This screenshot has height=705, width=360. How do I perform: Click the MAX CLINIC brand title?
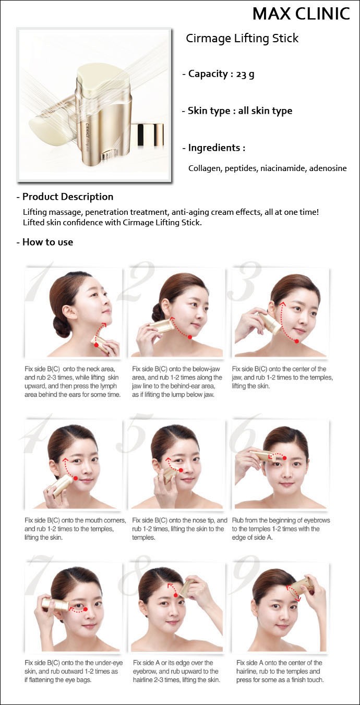pos(301,14)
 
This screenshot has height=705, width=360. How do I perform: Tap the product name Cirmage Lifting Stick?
pos(242,39)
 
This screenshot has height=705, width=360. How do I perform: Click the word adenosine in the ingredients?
pos(328,168)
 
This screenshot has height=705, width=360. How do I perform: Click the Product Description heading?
pos(68,197)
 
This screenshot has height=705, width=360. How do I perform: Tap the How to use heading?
pos(47,242)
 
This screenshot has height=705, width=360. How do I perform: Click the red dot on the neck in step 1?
pos(97,345)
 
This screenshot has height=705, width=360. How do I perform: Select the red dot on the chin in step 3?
pos(296,341)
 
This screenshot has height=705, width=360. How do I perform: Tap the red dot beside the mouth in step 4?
pos(76,478)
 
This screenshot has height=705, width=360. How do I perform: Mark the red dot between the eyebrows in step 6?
pos(284,458)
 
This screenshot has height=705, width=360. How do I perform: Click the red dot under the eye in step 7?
pos(86,609)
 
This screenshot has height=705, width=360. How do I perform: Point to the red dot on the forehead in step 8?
pos(176,595)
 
